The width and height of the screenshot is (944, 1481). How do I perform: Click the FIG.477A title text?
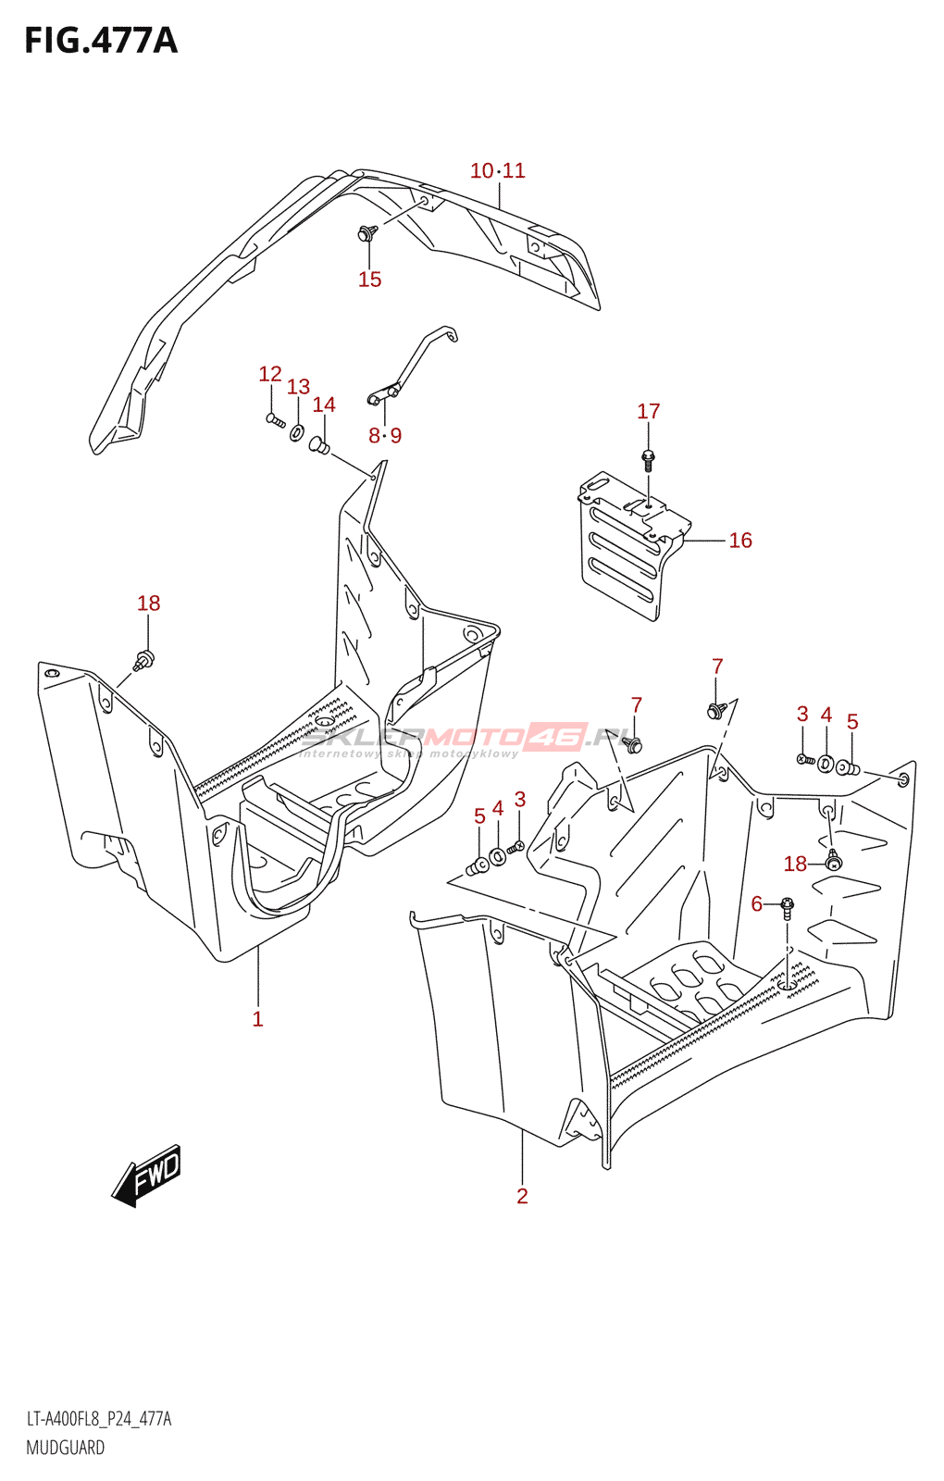[x=101, y=41]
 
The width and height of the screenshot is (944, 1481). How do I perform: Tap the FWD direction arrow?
[x=147, y=1176]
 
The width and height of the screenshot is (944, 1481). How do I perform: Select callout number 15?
[x=369, y=280]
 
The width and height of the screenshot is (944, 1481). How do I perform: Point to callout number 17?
[x=648, y=411]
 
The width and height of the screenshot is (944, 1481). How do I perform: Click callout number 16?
[x=740, y=541]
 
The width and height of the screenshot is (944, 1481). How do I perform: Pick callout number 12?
[x=269, y=374]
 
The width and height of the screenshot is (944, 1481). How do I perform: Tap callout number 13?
[x=298, y=387]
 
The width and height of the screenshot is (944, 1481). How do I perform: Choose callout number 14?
[x=324, y=404]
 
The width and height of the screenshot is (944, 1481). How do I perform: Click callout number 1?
[x=257, y=1019]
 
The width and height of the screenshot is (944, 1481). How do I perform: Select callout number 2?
[x=522, y=1196]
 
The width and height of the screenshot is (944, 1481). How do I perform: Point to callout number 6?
[x=757, y=903]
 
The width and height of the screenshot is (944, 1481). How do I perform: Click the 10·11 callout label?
[x=497, y=170]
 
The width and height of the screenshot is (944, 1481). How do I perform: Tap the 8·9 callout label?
[x=385, y=435]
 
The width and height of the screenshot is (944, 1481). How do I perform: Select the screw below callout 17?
[x=648, y=457]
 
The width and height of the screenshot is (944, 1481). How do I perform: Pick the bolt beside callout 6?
[x=787, y=904]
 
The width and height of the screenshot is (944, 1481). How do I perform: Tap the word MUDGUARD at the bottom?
[x=65, y=1448]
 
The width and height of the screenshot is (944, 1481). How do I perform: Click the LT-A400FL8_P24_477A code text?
[x=98, y=1419]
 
